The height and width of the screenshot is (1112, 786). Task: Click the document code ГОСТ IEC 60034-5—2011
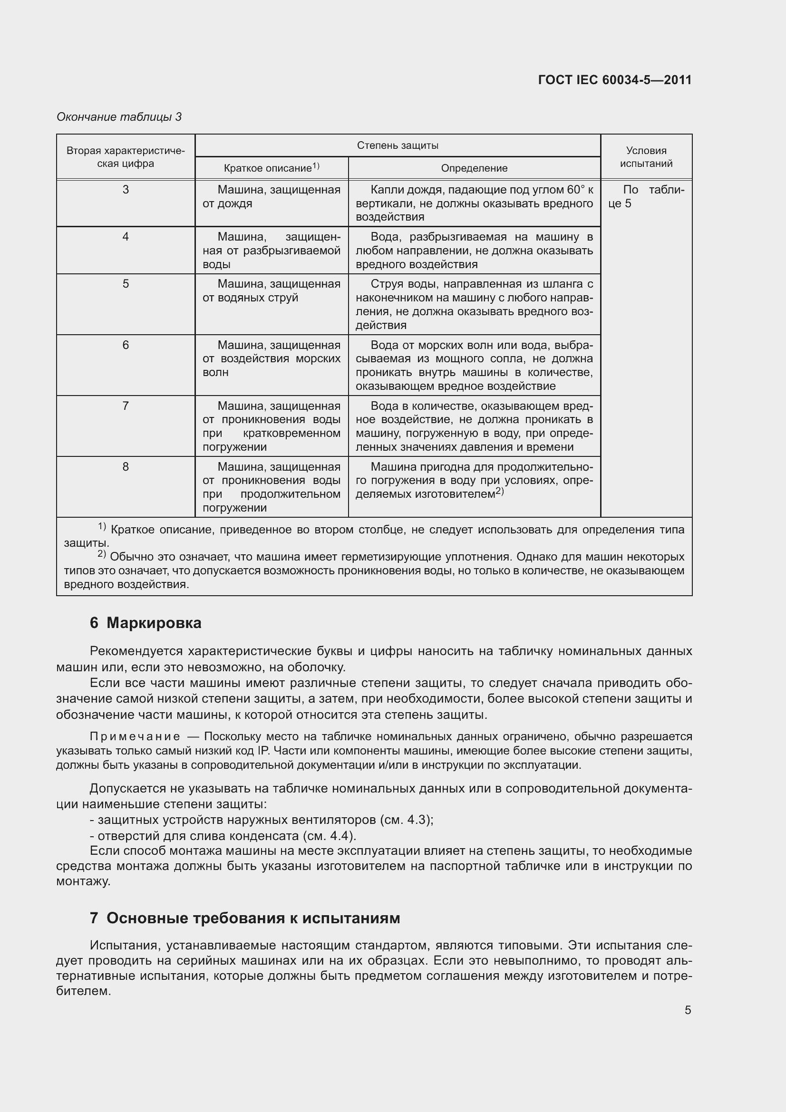pyautogui.click(x=614, y=80)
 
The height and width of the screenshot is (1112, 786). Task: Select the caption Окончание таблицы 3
pyautogui.click(x=119, y=117)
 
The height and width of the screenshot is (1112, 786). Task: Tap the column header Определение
pyautogui.click(x=474, y=168)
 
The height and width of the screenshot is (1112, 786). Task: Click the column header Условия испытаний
pyautogui.click(x=646, y=157)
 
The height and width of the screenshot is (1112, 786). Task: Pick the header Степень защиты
pyautogui.click(x=397, y=145)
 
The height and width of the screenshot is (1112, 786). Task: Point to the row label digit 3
pyautogui.click(x=126, y=190)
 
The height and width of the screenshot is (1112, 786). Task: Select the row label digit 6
pyautogui.click(x=126, y=345)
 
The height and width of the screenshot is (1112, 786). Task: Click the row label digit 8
pyautogui.click(x=126, y=466)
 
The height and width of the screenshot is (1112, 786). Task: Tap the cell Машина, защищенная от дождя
pyautogui.click(x=271, y=197)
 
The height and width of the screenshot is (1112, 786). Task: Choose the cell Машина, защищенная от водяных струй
pyautogui.click(x=271, y=290)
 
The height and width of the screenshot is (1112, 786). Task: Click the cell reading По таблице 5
pyautogui.click(x=646, y=197)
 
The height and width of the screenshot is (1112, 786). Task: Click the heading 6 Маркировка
pyautogui.click(x=146, y=623)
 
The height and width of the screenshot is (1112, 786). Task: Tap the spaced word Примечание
pyautogui.click(x=135, y=736)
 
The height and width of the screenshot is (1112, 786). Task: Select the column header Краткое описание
pyautogui.click(x=271, y=168)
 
